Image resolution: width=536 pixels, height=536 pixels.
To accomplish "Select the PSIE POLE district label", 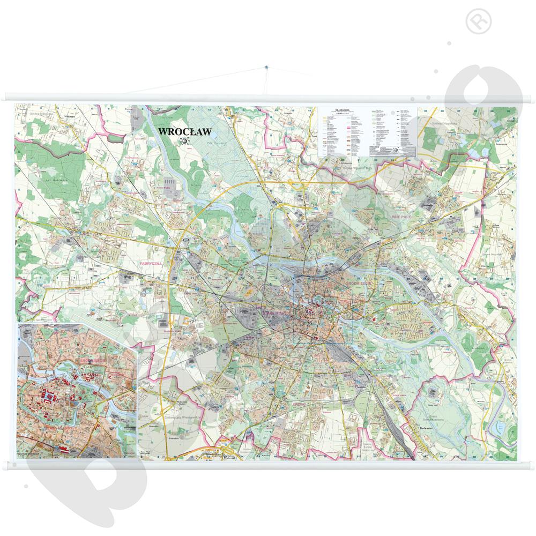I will tap(397, 213).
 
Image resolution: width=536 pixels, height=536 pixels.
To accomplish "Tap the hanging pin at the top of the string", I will tap(266, 68).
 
